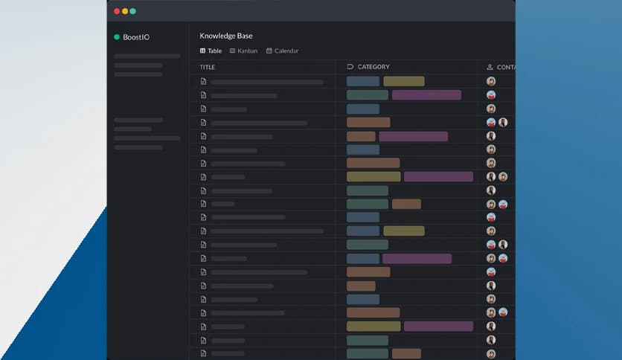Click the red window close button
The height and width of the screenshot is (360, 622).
pyautogui.click(x=117, y=11)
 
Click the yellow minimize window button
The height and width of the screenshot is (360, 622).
pyautogui.click(x=125, y=11)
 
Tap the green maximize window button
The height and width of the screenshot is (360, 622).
pyautogui.click(x=133, y=11)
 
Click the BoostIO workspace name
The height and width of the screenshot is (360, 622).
pyautogui.click(x=136, y=37)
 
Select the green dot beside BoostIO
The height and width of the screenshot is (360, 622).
pyautogui.click(x=117, y=37)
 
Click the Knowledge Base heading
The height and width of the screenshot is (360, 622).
pyautogui.click(x=226, y=36)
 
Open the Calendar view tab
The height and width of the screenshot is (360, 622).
pyautogui.click(x=286, y=51)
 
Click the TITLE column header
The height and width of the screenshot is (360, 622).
pyautogui.click(x=208, y=67)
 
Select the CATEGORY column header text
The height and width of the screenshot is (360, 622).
pyautogui.click(x=373, y=67)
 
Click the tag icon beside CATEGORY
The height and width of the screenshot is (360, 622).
pyautogui.click(x=350, y=67)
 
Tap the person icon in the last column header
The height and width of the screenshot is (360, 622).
pyautogui.click(x=490, y=67)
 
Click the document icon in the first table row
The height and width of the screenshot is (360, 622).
pyautogui.click(x=203, y=82)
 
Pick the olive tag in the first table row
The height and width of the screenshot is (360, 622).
pyautogui.click(x=404, y=81)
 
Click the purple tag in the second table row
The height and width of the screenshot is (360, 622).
pyautogui.click(x=426, y=95)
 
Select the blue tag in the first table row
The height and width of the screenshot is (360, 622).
pyautogui.click(x=363, y=81)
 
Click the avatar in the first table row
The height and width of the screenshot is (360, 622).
pyautogui.click(x=491, y=81)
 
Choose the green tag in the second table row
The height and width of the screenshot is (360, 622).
pyautogui.click(x=368, y=95)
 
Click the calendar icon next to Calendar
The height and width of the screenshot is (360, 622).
pyautogui.click(x=269, y=51)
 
